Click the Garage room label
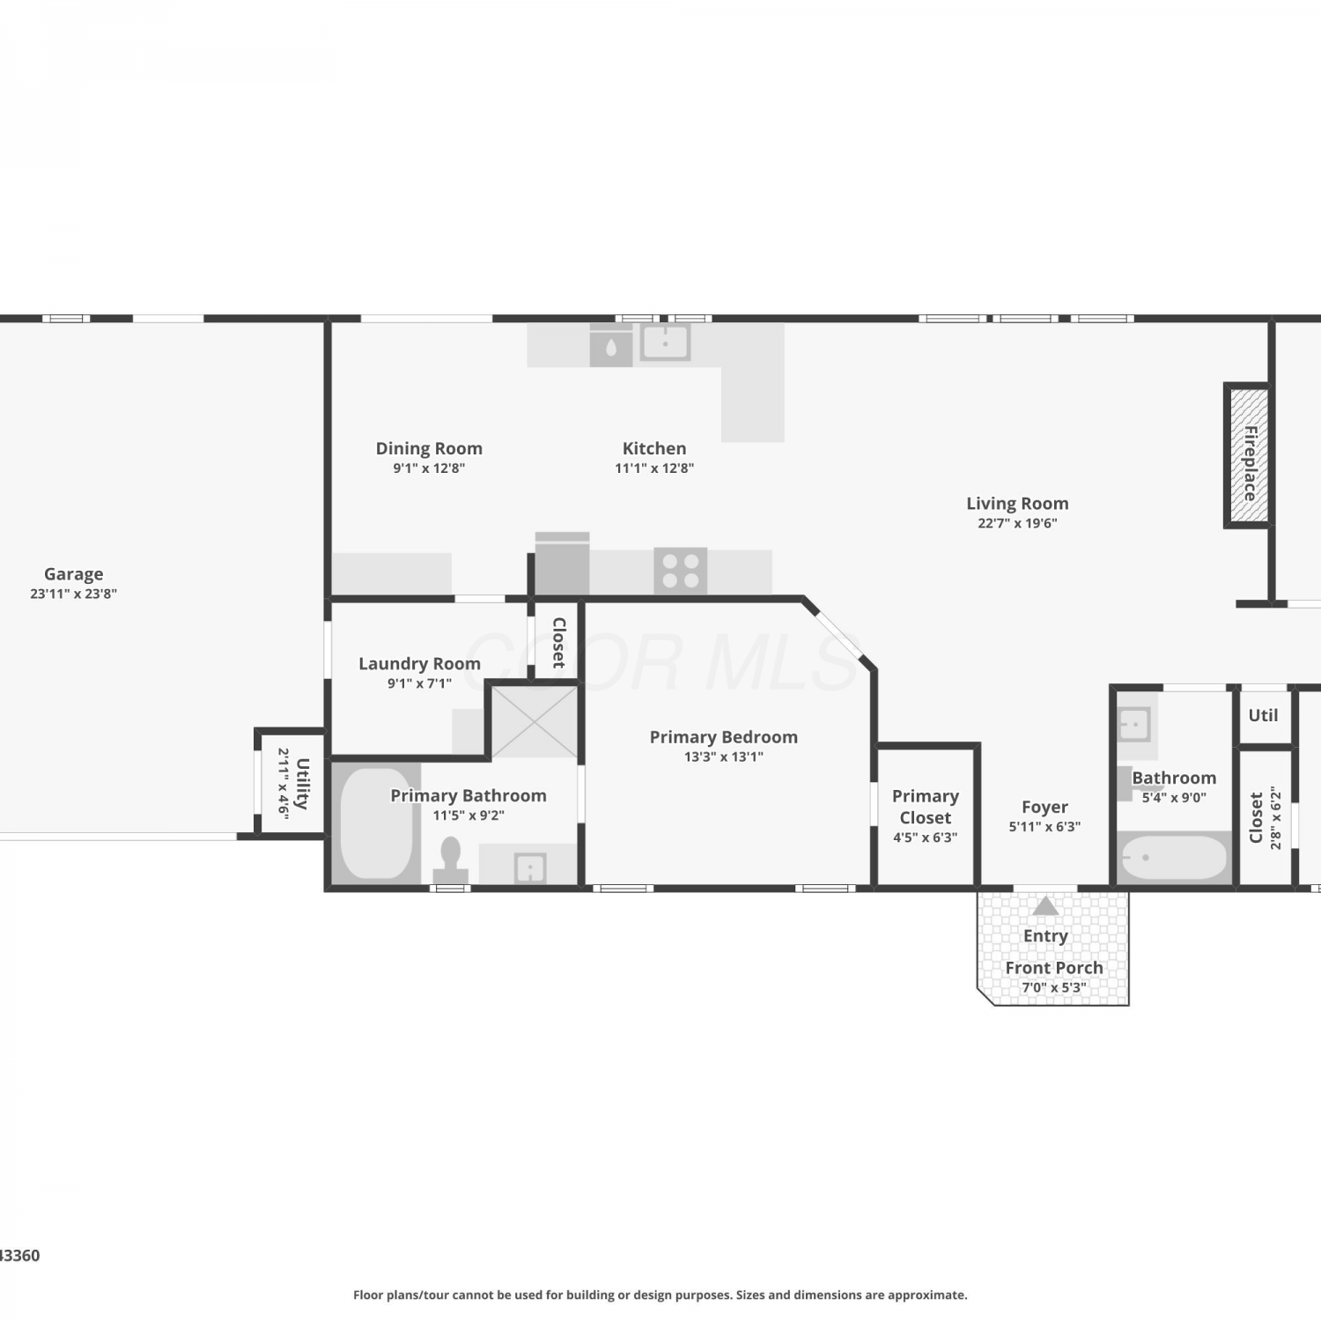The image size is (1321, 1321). coord(74,574)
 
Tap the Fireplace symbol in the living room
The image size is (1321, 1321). coord(1248,455)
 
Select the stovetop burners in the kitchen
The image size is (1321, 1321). coord(681,571)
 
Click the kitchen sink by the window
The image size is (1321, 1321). coord(665,342)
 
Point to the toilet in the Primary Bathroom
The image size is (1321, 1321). coord(451,860)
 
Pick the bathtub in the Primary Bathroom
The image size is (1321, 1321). coord(376,824)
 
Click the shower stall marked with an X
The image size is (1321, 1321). coord(535,721)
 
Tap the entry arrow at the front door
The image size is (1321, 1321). coord(1045,905)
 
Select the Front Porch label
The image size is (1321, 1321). coord(1054,968)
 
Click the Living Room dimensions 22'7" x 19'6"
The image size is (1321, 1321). coord(1017,523)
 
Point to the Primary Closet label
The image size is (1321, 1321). coord(926,807)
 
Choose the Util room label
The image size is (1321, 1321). coord(1263,715)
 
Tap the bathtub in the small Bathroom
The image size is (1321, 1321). coord(1174,857)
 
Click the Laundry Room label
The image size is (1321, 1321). coord(419,663)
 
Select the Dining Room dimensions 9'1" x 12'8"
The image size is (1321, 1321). coord(429,469)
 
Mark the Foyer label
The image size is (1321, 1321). coord(1045,807)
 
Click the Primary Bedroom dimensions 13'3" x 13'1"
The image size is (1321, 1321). coord(724,756)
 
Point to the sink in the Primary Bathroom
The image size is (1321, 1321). coord(530,868)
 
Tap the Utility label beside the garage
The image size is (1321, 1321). coord(302,783)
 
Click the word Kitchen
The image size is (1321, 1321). coord(654,448)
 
